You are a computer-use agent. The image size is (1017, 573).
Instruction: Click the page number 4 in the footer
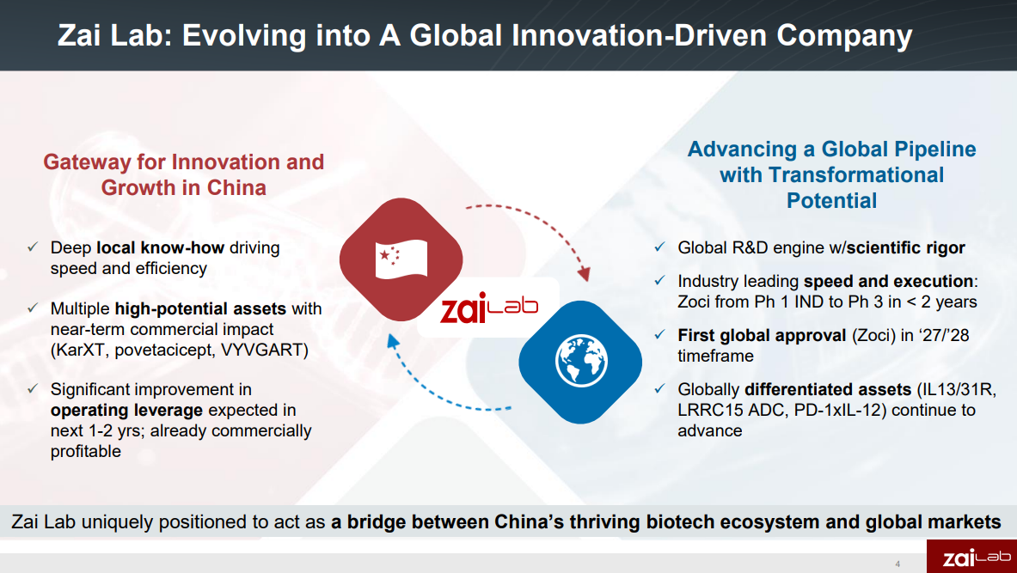[x=898, y=564]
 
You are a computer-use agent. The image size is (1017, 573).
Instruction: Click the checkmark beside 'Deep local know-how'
[x=32, y=247]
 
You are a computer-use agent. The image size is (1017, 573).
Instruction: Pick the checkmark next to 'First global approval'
[x=659, y=335]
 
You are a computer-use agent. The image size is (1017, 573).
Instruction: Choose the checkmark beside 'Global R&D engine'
[x=659, y=247]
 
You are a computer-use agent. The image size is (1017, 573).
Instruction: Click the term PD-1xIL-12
[x=838, y=410]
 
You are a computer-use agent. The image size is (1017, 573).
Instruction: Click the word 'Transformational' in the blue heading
[x=856, y=174]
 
